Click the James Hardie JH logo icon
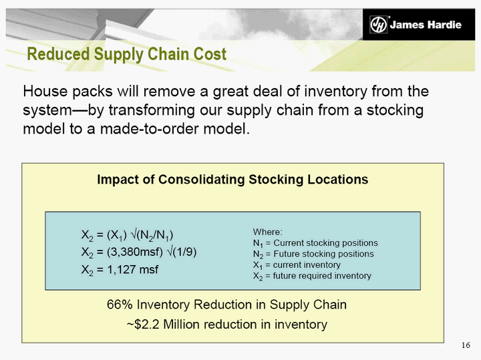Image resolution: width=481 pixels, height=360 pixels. [378, 24]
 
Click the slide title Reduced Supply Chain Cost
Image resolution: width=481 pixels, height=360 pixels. [127, 54]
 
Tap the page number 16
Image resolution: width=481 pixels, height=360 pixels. [466, 345]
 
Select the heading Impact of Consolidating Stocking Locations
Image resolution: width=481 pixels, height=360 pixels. [232, 180]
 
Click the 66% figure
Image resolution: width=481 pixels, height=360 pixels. [120, 305]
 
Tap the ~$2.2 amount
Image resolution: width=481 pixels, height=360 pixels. [143, 324]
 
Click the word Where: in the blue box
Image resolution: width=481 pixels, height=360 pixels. [267, 232]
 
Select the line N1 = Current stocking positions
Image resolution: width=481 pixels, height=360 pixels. [315, 243]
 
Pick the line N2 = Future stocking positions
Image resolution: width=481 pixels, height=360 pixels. [313, 254]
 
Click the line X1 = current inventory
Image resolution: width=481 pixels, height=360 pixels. [297, 265]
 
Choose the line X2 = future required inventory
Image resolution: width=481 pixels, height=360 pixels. [312, 277]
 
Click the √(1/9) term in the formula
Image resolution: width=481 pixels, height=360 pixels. [181, 252]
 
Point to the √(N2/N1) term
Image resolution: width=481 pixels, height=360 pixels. [152, 235]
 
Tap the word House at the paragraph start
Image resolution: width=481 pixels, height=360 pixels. [45, 92]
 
